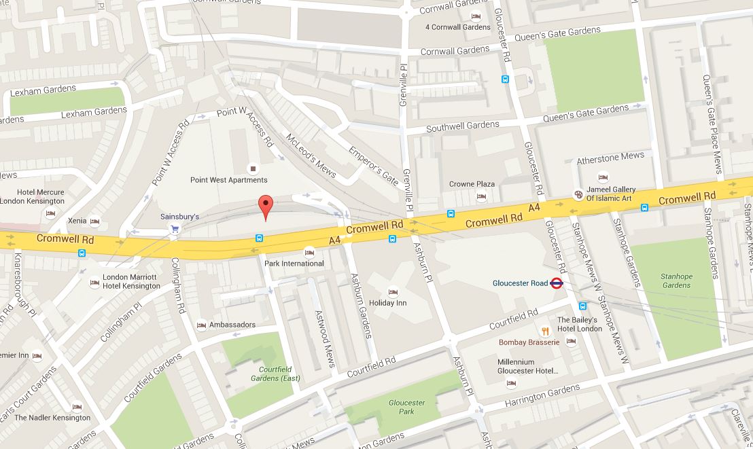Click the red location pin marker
266,206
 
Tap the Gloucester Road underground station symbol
556,284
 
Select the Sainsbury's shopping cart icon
175,230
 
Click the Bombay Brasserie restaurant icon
545,331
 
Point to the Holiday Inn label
387,303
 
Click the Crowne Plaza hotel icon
481,197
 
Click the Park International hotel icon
310,251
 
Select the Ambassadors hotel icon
201,325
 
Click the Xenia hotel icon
94,221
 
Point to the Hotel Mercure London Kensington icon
50,213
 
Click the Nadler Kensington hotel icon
76,407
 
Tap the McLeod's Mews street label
310,154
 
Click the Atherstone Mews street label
610,158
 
